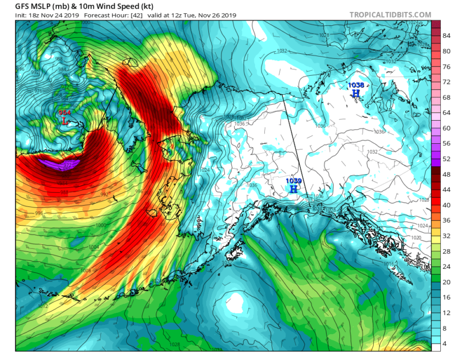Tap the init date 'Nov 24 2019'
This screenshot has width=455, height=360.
click(50, 15)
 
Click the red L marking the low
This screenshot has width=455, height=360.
click(65, 121)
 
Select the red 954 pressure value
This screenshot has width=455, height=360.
click(65, 113)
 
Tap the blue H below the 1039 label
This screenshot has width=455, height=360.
click(294, 189)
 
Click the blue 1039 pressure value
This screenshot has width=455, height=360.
click(294, 181)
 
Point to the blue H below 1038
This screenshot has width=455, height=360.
click(356, 93)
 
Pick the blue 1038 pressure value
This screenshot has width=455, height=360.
click(356, 85)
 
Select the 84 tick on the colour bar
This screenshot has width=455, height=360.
click(446, 36)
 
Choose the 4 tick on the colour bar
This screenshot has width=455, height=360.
click(446, 343)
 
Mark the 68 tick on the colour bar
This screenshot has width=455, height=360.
click(446, 97)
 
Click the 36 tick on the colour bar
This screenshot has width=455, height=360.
click(446, 220)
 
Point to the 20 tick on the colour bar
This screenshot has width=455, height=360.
click(446, 282)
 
